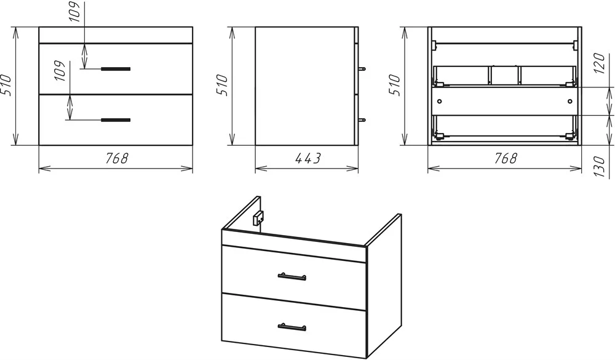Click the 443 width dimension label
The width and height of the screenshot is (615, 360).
pos(307,158)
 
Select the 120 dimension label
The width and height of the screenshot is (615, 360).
pos(599,63)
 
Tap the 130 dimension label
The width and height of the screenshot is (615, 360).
pos(599,166)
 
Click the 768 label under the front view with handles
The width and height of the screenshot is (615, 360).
pos(116,158)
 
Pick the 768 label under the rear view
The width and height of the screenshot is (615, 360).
pos(505,158)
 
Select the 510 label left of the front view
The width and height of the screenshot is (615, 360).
pos(6,85)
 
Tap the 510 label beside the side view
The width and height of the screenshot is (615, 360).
pos(222,85)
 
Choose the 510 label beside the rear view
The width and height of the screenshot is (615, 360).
pos(395,85)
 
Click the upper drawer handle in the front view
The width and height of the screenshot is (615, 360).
pos(116,69)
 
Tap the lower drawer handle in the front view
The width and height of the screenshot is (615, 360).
pos(116,120)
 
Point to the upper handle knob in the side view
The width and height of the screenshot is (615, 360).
pos(362,69)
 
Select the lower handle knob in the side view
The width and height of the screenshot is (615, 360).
pos(362,120)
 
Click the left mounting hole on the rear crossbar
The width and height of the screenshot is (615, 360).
pos(439,102)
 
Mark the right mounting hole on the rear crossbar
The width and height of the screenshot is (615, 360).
pos(570,102)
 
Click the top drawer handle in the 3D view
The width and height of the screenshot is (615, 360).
pos(292,277)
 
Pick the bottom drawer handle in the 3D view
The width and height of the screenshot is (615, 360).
pos(292,327)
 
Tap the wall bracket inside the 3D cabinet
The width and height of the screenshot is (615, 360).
pos(258,217)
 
